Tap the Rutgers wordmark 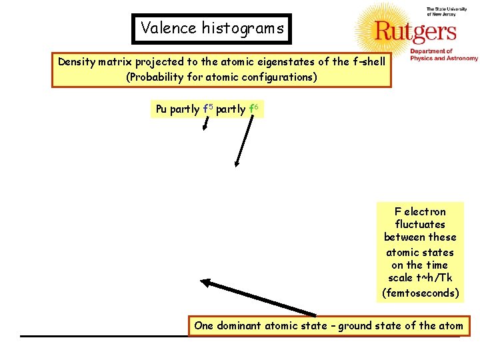(415, 31)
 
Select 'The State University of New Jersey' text (443, 13)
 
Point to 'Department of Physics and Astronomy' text (443, 55)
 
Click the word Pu (161, 109)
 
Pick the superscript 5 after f (209, 105)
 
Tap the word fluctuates (420, 225)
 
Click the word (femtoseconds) (420, 292)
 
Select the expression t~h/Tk (421, 278)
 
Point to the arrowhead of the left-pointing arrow (205, 283)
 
